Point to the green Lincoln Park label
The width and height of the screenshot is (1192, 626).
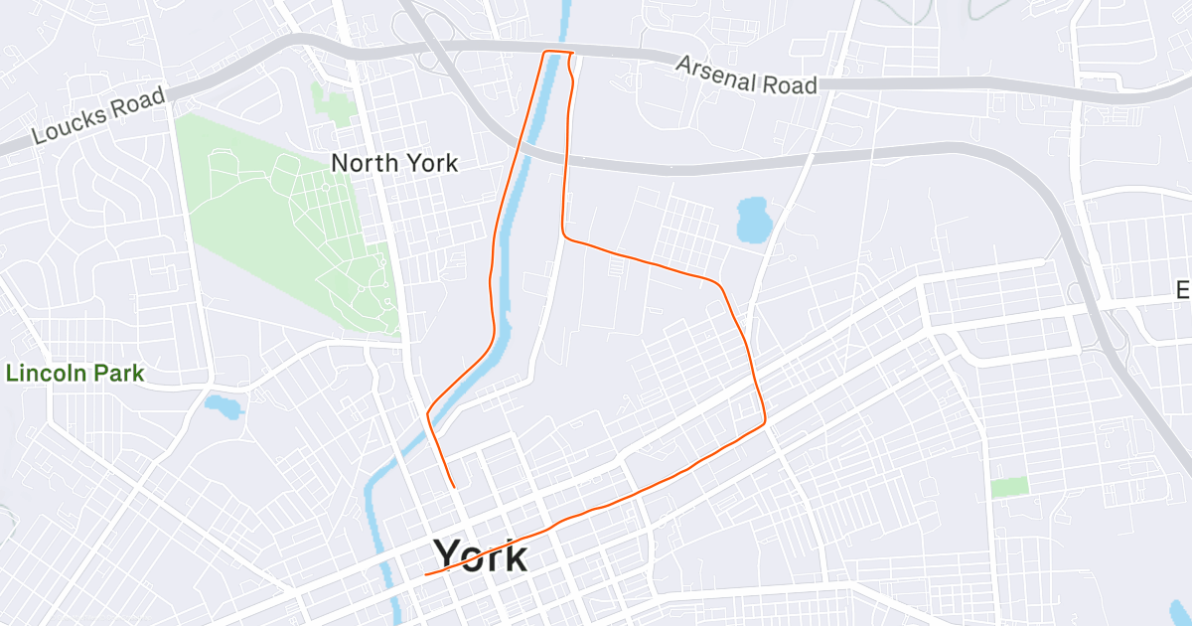pos(75,375)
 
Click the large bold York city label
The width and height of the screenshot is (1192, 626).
pos(481,555)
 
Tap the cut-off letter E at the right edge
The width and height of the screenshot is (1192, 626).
pos(1183,290)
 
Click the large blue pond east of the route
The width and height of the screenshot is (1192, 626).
pos(753,219)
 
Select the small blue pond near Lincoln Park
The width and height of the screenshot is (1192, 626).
pos(223,405)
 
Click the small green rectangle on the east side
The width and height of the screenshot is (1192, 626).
pos(1009,487)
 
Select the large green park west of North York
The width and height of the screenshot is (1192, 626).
pos(288,229)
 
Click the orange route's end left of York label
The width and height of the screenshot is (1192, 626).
pos(426,574)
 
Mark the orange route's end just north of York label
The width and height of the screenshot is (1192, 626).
pos(454,486)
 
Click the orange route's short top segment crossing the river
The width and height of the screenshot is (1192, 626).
pos(559,52)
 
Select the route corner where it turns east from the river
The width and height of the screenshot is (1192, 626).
pos(564,235)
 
